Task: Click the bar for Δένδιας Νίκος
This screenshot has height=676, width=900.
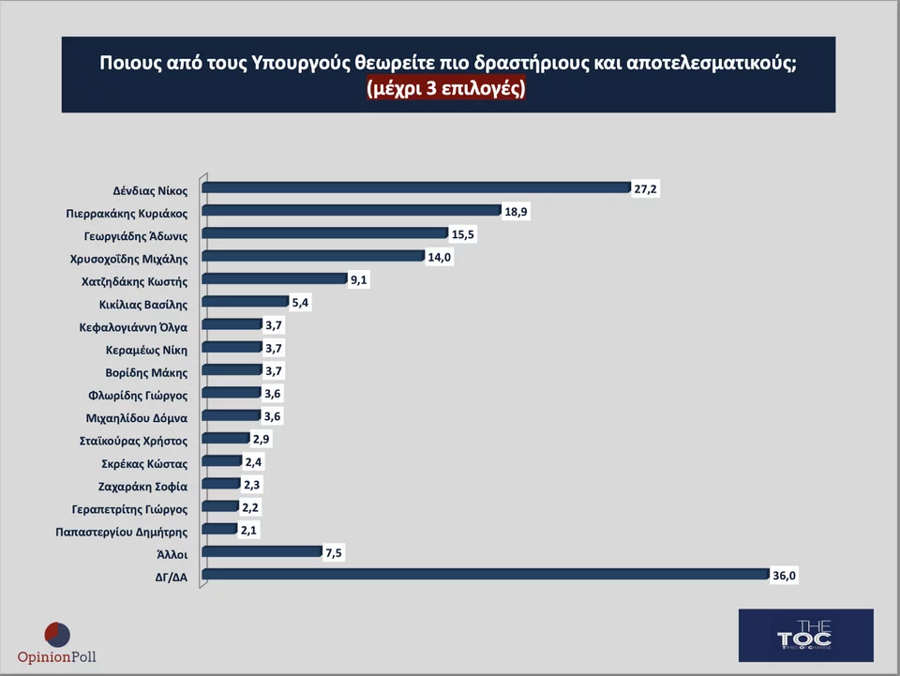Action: point(416,188)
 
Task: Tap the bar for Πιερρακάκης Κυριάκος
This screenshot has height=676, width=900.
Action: point(352,210)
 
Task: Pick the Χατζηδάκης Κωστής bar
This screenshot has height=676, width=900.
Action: point(275,278)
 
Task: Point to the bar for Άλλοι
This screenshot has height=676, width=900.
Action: point(262,552)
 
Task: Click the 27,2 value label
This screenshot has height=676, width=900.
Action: point(646,189)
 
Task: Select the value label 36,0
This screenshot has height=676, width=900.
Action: point(785,577)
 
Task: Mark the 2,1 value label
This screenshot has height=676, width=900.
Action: point(248,531)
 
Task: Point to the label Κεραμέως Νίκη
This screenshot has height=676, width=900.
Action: point(146,350)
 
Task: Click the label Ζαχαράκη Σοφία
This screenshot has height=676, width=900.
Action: point(142,487)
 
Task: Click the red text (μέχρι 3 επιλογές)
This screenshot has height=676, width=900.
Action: point(447,90)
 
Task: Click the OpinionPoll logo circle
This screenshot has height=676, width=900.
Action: point(57,634)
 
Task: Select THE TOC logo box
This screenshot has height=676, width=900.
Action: point(804,635)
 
